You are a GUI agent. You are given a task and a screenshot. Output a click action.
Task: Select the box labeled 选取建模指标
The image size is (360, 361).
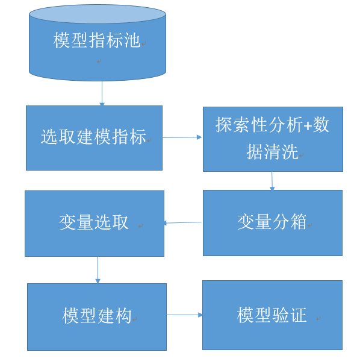[94, 137]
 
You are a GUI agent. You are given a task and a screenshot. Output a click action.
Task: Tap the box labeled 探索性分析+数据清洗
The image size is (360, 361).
[273, 139]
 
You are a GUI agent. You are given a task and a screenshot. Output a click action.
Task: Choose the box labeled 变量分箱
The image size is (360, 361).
[272, 222]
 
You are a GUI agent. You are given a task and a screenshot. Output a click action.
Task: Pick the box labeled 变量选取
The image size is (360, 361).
[94, 223]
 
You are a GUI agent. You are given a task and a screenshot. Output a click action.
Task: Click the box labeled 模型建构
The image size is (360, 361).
[96, 316]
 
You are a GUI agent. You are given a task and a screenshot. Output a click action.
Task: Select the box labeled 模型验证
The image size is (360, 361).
[272, 315]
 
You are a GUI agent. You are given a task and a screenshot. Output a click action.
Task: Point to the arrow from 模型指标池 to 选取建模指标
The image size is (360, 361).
[102, 93]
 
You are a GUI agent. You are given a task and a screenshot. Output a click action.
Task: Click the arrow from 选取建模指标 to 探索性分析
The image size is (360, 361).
[182, 137]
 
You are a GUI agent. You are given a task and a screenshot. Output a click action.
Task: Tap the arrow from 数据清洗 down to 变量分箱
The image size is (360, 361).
[272, 181]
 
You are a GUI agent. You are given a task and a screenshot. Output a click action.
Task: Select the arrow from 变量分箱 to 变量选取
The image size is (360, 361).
[183, 223]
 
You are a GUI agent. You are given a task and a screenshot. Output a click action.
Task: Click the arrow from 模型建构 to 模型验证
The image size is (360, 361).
[184, 315]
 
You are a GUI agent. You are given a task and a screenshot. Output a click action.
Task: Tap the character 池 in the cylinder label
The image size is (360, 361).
[132, 41]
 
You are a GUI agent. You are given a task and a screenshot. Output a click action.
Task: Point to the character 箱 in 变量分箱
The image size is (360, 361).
[299, 222]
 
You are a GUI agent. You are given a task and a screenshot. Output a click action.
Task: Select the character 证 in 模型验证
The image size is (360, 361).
[299, 315]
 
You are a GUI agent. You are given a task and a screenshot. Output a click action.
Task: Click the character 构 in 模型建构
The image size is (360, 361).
[123, 316]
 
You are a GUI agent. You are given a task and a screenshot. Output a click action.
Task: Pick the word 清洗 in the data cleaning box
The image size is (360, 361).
[282, 152]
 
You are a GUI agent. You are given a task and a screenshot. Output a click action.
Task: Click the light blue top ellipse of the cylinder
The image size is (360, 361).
[97, 14]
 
